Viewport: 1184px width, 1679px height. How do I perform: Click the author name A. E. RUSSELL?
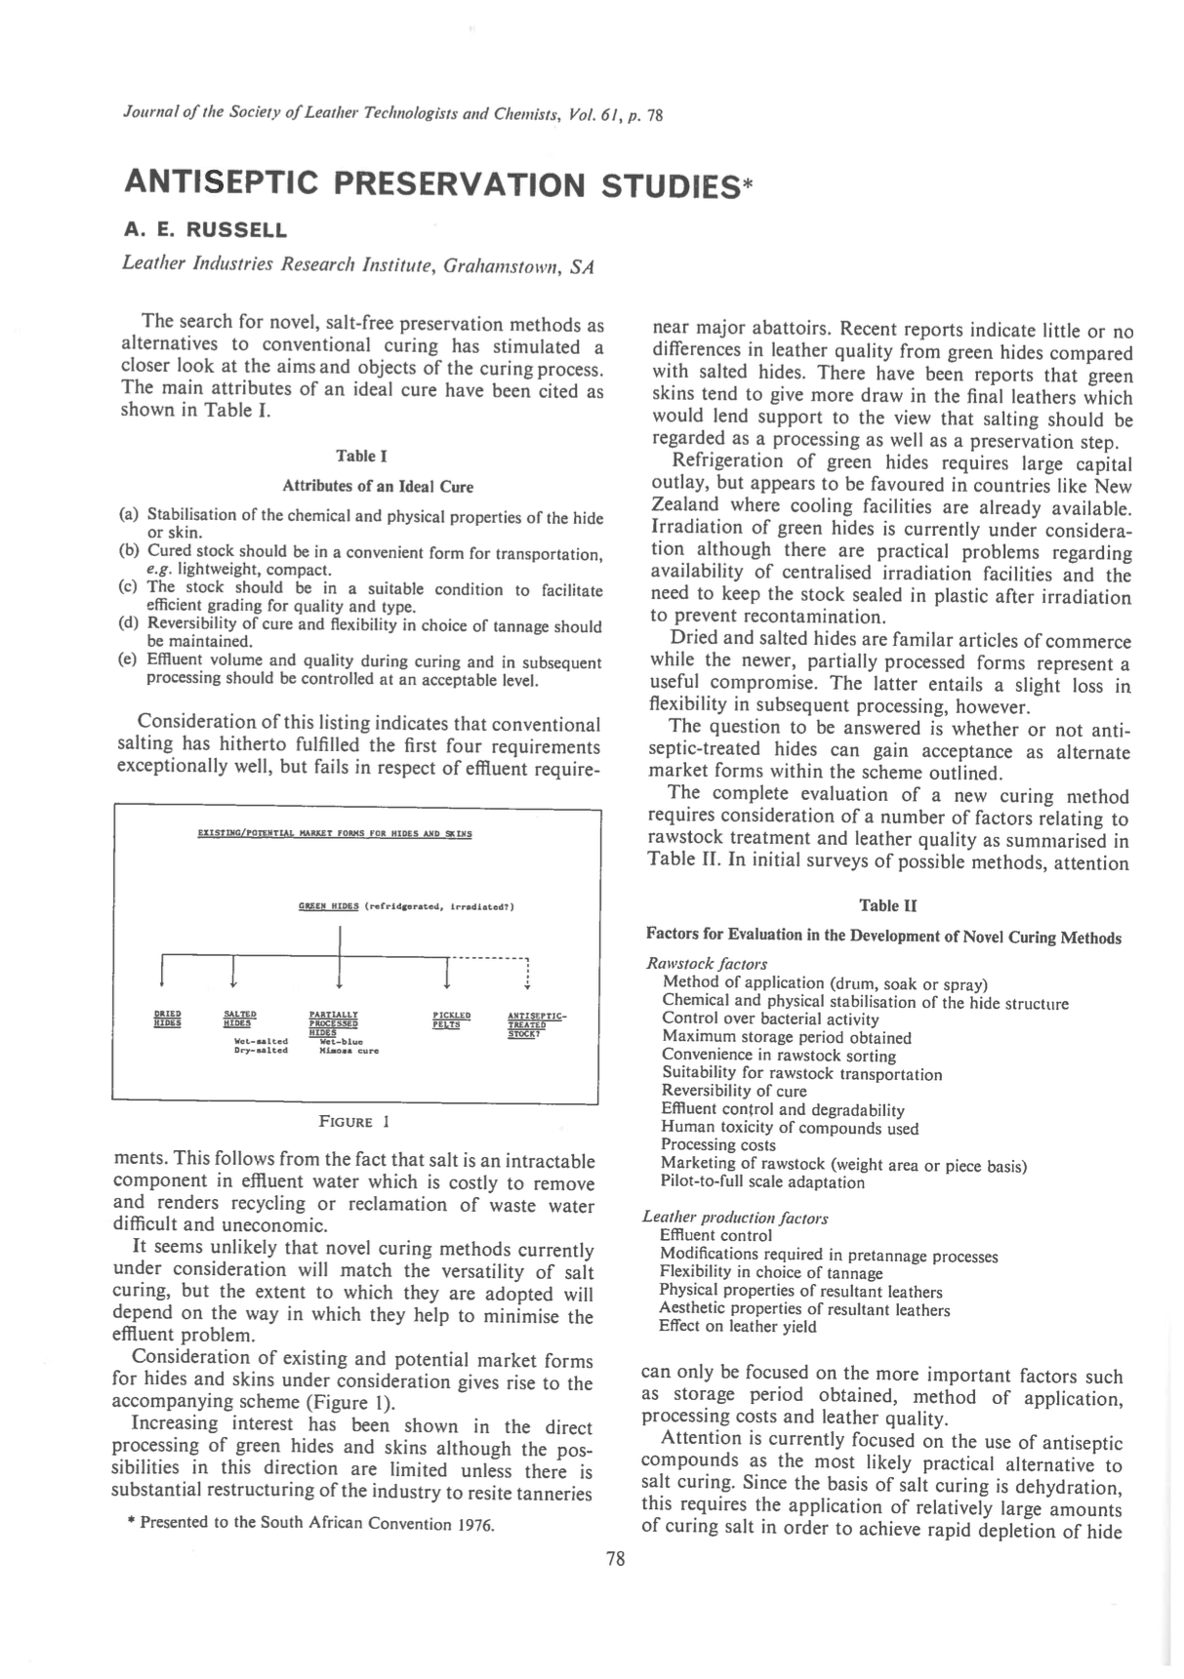pyautogui.click(x=205, y=231)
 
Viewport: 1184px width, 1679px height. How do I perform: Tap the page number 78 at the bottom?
pyautogui.click(x=615, y=1559)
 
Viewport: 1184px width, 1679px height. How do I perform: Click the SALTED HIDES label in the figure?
pyautogui.click(x=239, y=1019)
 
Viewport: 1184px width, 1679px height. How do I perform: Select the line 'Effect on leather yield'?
pyautogui.click(x=738, y=1327)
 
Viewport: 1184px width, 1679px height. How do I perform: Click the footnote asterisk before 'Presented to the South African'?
pyautogui.click(x=131, y=1524)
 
